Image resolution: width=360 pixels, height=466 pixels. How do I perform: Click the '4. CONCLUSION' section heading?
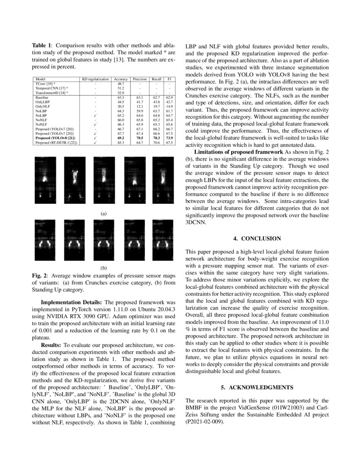click(257, 239)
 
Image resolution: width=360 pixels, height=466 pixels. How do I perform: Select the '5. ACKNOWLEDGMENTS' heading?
click(257, 387)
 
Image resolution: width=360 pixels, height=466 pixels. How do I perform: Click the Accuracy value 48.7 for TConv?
click(121, 84)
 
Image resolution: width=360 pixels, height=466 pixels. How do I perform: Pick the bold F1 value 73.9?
click(169, 138)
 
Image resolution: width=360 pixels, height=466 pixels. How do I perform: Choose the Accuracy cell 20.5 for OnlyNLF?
click(121, 106)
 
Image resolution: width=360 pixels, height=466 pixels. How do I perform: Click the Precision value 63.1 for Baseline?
click(137, 97)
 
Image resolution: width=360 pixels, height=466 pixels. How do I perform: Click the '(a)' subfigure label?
click(103, 214)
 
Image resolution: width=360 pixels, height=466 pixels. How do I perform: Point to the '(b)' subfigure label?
click(103, 268)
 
